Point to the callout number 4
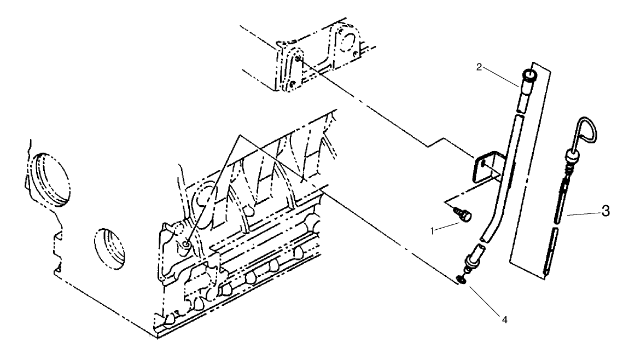pos(504,319)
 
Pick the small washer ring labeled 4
pos(463,280)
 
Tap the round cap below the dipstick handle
pos(571,159)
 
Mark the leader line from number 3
pos(585,214)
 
